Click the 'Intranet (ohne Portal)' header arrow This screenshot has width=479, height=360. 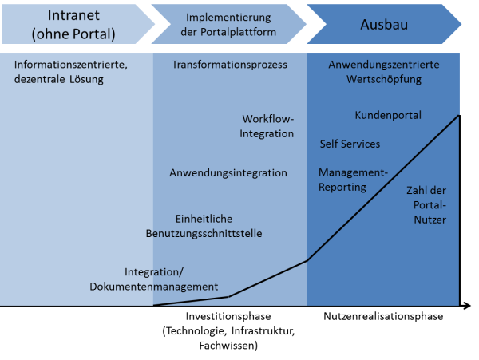coord(74,25)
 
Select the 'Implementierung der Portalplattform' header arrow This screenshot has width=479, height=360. coord(228,25)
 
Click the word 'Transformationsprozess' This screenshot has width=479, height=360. coord(229,65)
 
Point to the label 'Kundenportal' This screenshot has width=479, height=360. coord(388,116)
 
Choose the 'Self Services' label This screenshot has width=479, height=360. coord(350,144)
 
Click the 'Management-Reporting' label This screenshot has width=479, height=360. coord(352,180)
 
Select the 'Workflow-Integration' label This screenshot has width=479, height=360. coord(267,126)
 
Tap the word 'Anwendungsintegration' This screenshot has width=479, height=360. coord(228,172)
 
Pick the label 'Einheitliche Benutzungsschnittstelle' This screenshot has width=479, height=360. coord(215,226)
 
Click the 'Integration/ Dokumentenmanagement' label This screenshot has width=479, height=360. coord(154,279)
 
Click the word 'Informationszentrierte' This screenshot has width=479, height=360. coord(70,65)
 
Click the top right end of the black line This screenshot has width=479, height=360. coord(459,116)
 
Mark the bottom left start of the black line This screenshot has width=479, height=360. coord(154,305)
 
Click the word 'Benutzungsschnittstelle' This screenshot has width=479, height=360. coord(204,233)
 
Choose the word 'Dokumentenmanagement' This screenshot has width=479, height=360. coord(154,287)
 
